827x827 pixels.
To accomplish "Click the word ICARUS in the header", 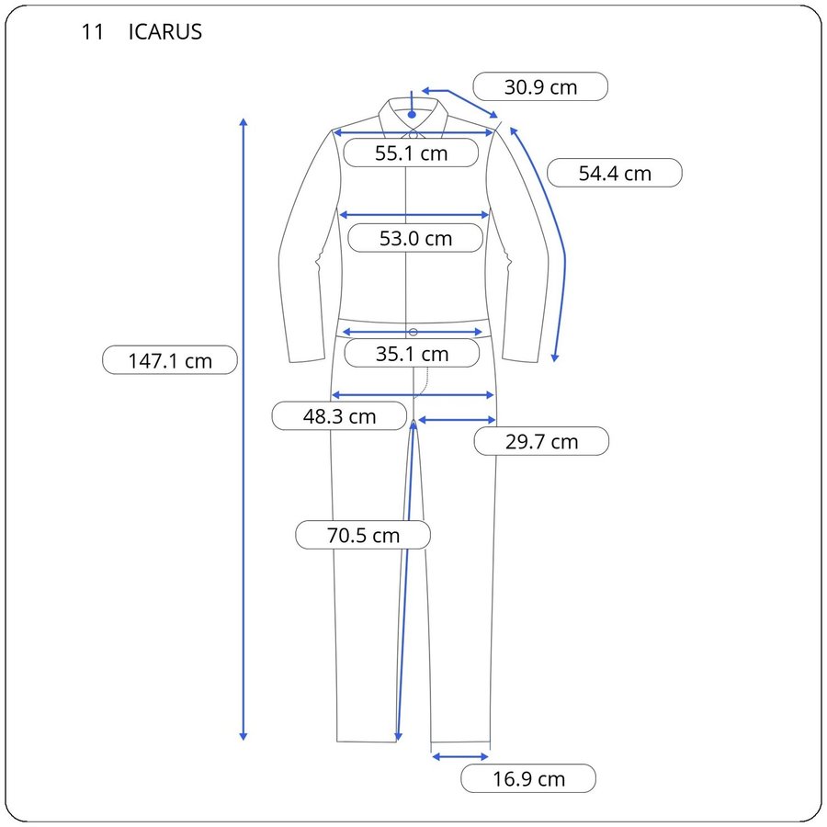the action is point(165,32).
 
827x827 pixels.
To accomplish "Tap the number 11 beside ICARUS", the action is point(92,32).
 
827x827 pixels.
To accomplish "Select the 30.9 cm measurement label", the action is point(540,87).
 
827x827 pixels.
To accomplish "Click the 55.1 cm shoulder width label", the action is point(411,153).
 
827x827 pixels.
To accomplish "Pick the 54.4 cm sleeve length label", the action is point(615,173).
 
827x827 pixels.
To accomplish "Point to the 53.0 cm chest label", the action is point(415,238).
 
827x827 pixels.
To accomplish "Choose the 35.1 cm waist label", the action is point(412,354).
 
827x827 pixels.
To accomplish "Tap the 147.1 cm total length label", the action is point(170,360).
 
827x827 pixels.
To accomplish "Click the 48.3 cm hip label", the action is point(339,416).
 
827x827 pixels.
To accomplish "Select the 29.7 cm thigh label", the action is point(541,441).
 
